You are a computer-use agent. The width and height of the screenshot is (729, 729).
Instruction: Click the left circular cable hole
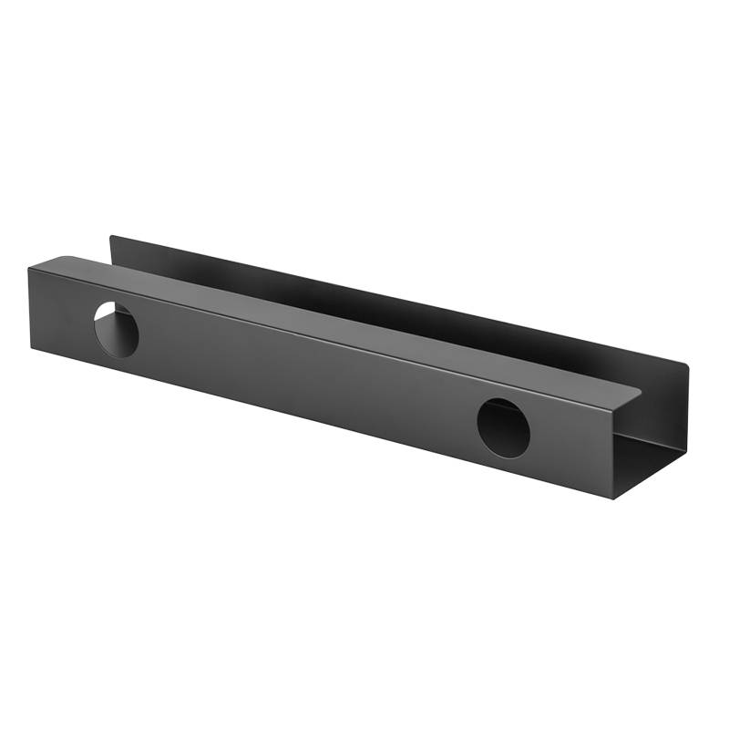point(117,328)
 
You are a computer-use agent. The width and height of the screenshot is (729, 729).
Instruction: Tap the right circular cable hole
point(503,427)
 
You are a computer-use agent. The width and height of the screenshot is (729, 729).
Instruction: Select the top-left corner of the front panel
point(29,266)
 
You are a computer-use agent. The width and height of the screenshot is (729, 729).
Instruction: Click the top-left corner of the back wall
point(111,237)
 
